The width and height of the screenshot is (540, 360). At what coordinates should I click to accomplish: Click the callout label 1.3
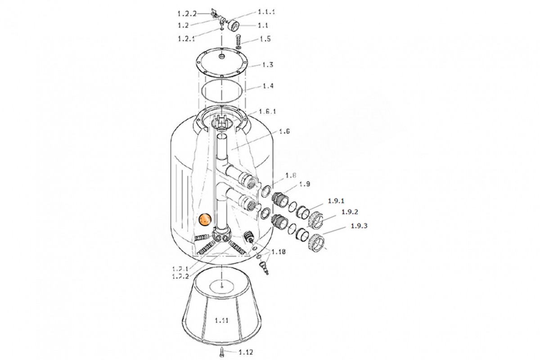coord(268,65)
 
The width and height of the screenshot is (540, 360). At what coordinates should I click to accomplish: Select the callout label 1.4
coord(268,85)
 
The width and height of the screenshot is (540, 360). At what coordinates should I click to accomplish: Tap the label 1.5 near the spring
coord(265,39)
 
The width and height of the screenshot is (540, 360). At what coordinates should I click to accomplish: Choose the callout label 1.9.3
coord(359,226)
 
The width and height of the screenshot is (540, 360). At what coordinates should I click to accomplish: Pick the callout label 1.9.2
coord(349,211)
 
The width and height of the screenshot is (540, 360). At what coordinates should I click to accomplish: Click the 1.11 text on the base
coord(222,320)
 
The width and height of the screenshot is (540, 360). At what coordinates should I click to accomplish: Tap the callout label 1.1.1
coord(266,12)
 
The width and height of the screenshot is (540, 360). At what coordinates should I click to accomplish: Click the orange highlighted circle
coord(205,220)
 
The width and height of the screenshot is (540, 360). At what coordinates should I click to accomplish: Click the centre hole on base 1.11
coord(224,284)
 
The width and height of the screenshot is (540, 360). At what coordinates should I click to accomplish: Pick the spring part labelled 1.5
coord(238,41)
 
